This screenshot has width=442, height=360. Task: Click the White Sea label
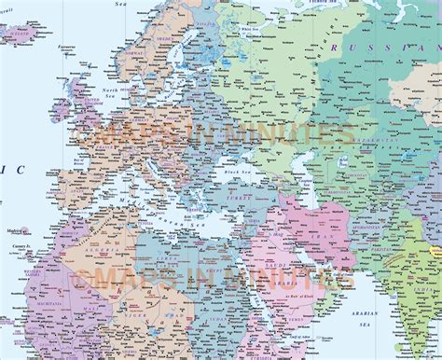point(250,32)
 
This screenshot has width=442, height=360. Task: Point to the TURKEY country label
point(245,200)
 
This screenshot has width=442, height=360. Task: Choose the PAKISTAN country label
point(378,250)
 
